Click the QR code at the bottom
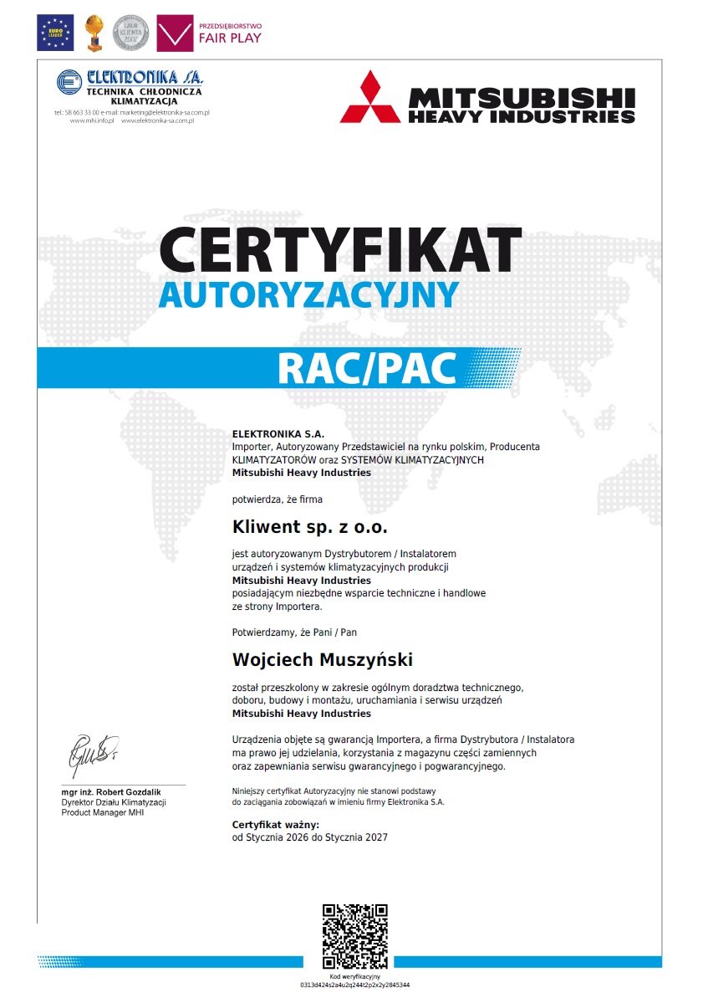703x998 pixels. (354, 935)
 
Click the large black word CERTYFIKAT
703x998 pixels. (340, 248)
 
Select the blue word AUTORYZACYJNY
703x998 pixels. (308, 294)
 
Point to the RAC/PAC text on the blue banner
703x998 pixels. (367, 368)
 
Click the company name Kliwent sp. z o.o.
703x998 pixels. (309, 528)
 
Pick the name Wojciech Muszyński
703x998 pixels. (322, 660)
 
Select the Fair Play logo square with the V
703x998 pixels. (175, 33)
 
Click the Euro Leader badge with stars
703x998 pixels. (55, 33)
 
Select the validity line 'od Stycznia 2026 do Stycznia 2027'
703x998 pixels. (309, 837)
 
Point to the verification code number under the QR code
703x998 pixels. (354, 985)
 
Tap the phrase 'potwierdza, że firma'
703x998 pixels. (277, 499)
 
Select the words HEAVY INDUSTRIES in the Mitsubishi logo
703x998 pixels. (521, 116)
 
